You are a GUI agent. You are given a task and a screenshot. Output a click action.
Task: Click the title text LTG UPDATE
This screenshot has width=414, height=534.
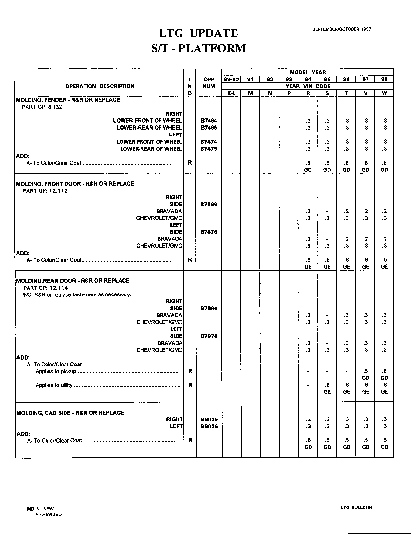(x=198, y=33)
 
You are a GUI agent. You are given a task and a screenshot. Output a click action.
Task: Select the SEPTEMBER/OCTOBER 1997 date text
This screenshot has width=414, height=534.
(x=342, y=29)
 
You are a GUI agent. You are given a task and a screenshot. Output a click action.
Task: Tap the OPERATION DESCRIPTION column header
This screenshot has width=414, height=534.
(x=100, y=86)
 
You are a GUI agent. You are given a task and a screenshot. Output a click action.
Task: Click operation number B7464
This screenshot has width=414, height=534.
(x=209, y=121)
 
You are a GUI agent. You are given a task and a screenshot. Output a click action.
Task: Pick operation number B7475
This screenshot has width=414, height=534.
(x=209, y=149)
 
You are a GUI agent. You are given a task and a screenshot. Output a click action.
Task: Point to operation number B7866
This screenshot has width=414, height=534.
(x=209, y=205)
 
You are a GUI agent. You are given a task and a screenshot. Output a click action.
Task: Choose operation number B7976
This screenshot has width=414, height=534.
(x=209, y=336)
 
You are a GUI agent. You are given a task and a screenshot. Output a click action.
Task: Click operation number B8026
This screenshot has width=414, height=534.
(x=209, y=426)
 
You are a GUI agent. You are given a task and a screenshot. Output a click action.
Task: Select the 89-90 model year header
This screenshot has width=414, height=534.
(x=231, y=79)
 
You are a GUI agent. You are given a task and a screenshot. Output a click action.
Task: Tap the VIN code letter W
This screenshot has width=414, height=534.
(x=384, y=93)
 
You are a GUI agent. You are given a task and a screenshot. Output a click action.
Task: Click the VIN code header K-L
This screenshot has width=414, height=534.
(x=231, y=93)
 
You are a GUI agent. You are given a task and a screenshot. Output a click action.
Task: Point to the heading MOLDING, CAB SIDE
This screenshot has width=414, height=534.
(x=70, y=413)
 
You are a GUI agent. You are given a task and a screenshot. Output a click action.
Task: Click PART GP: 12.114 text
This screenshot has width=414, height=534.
(x=45, y=288)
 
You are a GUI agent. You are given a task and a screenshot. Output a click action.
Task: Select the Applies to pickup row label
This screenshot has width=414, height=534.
(x=56, y=371)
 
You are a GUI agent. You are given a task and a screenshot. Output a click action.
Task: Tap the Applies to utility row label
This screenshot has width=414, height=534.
(x=54, y=385)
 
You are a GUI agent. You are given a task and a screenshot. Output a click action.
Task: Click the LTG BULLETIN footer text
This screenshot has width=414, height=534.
(x=356, y=507)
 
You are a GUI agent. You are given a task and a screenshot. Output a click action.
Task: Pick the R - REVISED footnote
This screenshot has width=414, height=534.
(x=48, y=514)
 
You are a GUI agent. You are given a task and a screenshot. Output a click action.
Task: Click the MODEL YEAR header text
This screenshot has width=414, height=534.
(x=307, y=72)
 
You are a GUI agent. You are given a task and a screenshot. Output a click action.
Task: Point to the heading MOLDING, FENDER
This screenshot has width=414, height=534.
(x=68, y=100)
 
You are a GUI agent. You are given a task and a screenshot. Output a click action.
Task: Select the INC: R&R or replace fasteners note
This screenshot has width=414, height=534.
(x=76, y=295)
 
